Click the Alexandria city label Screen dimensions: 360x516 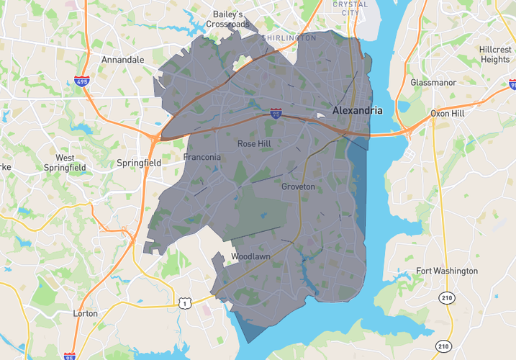coord(358,111)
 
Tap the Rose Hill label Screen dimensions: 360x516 coord(253,144)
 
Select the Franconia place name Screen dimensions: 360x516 coord(202,158)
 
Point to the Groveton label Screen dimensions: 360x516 coord(298,187)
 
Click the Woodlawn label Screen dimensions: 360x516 coord(250,257)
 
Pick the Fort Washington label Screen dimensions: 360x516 coord(447,271)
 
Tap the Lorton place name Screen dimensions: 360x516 coord(86,314)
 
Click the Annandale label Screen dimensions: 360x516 coord(123,60)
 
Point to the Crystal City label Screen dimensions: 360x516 coord(350,9)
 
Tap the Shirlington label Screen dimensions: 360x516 coord(289,37)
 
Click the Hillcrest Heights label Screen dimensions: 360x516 coord(494,55)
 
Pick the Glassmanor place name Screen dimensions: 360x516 coord(433,83)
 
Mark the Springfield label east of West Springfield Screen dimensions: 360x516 coord(139,163)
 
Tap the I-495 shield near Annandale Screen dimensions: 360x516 coord(81,81)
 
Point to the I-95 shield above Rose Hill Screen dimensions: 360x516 coord(276,114)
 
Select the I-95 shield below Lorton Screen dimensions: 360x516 coord(69,356)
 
